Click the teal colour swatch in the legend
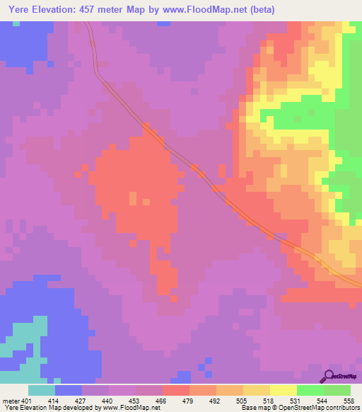pyautogui.click(x=42, y=390)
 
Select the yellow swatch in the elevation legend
pyautogui.click(x=283, y=390)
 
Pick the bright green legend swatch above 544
pyautogui.click(x=310, y=390)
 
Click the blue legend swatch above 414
pyautogui.click(x=69, y=390)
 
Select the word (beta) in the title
pyautogui.click(x=259, y=10)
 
